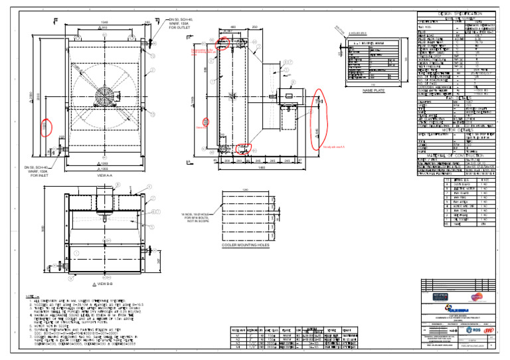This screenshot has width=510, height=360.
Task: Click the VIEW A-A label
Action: (105, 175)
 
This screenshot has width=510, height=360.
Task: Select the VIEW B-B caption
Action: (104, 284)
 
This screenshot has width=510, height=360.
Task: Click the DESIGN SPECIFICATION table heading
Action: (456, 13)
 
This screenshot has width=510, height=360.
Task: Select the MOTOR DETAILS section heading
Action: (456, 130)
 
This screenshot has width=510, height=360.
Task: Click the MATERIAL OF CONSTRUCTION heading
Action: (456, 155)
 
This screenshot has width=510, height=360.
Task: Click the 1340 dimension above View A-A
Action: (104, 21)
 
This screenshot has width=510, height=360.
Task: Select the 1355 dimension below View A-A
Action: (104, 169)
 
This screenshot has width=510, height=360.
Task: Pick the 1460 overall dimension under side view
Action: (262, 167)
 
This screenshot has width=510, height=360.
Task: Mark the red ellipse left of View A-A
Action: (46, 126)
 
